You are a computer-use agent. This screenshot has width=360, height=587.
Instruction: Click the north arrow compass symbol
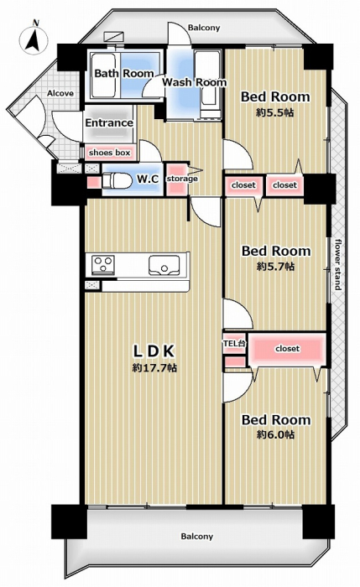click(34, 39)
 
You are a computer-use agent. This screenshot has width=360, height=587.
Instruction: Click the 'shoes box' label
click(109, 153)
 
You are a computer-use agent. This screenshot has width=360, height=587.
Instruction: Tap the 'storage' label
click(182, 179)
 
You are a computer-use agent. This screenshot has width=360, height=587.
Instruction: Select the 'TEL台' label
click(234, 342)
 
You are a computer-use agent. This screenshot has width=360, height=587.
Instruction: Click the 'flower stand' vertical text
click(338, 264)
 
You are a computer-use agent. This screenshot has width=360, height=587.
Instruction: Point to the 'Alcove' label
click(60, 93)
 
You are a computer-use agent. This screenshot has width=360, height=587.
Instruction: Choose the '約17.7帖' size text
click(154, 368)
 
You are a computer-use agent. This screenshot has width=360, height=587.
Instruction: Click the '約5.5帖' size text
click(275, 112)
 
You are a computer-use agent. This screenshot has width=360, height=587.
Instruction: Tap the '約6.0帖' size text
click(276, 434)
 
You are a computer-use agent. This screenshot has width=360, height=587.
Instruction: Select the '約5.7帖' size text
click(276, 266)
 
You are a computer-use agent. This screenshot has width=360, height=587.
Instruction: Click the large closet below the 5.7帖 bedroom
click(287, 349)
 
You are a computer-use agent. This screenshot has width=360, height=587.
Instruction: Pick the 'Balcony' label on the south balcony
click(197, 537)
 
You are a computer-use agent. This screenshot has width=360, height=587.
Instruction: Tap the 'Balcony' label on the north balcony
click(204, 28)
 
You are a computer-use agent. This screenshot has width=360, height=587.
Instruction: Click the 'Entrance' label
click(109, 122)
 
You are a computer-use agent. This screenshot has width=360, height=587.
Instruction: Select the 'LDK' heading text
click(154, 351)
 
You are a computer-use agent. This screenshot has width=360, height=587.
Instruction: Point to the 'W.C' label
click(148, 179)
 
